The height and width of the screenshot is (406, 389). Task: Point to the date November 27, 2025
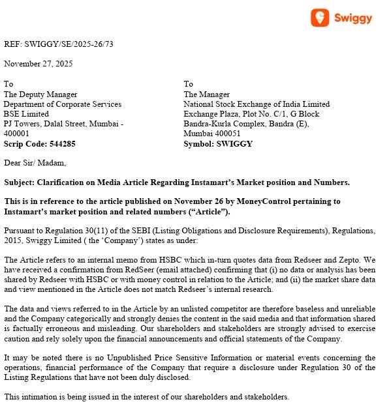coord(38,64)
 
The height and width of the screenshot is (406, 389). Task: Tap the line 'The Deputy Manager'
coord(40,94)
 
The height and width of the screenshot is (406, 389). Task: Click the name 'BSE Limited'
coord(25,114)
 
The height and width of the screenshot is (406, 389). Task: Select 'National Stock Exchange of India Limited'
coord(257,104)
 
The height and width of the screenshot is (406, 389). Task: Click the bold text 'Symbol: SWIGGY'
coord(217,143)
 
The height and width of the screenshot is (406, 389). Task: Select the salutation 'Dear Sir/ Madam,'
coord(35,163)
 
